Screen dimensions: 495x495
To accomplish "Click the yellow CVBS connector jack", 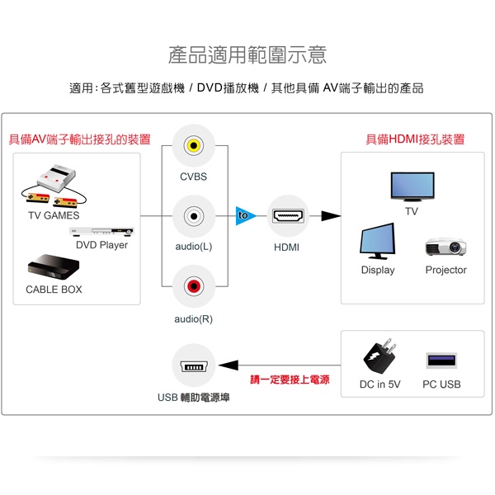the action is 194,145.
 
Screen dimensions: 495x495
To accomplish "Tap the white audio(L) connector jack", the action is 194,216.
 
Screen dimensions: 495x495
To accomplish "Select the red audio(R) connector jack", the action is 194,286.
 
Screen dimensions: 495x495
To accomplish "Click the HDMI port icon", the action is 288,216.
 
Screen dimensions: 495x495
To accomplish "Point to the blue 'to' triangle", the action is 246,216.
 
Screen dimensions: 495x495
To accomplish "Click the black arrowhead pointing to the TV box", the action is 331,216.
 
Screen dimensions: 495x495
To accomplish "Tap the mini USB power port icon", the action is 194,366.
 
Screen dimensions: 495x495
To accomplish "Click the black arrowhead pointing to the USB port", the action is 229,365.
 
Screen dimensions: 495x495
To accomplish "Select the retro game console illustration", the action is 54,186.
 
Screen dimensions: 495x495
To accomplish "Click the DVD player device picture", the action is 101,231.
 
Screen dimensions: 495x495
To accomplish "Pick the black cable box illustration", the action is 54,267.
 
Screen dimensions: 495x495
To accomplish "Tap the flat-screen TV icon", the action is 412,186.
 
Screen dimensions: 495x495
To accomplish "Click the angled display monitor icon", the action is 377,241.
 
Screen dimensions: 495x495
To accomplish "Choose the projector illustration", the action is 445,247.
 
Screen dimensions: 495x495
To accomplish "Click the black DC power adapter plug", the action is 379,356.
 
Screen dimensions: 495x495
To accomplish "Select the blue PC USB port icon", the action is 441,361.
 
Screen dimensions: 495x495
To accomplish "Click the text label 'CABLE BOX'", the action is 54,290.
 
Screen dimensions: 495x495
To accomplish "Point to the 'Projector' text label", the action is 445,270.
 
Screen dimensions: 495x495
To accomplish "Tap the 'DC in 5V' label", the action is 379,384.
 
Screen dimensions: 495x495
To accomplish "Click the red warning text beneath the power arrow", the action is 290,379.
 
